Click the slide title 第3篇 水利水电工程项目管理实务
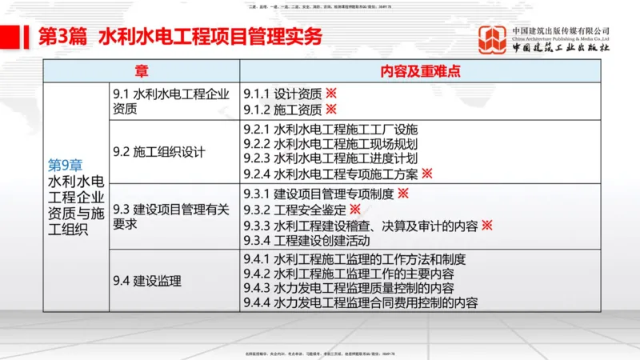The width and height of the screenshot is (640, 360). click(x=180, y=37)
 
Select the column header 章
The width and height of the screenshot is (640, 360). click(x=141, y=71)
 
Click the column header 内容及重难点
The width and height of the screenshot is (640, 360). click(x=421, y=71)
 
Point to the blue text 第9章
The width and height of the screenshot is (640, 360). click(x=65, y=165)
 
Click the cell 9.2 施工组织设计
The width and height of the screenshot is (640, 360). click(x=159, y=152)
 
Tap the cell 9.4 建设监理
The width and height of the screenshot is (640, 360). click(x=147, y=281)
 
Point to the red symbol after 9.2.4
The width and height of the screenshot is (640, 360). click(x=427, y=173)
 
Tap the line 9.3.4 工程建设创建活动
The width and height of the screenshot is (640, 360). click(x=318, y=240)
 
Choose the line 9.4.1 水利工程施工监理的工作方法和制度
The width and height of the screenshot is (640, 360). click(x=365, y=259)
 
